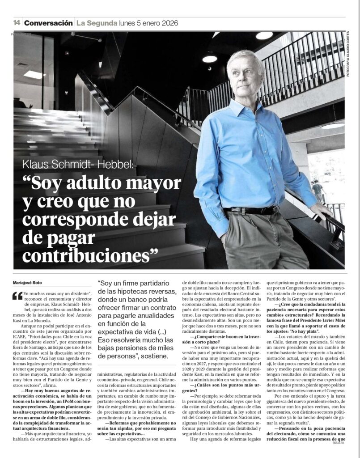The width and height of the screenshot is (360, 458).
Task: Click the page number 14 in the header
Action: click(x=17, y=23)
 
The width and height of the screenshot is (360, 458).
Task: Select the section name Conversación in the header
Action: click(x=48, y=23)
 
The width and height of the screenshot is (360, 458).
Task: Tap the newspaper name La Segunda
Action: click(x=96, y=23)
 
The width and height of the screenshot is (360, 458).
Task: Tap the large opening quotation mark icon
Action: click(x=17, y=296)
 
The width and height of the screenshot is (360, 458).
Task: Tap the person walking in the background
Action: click(x=318, y=190)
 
